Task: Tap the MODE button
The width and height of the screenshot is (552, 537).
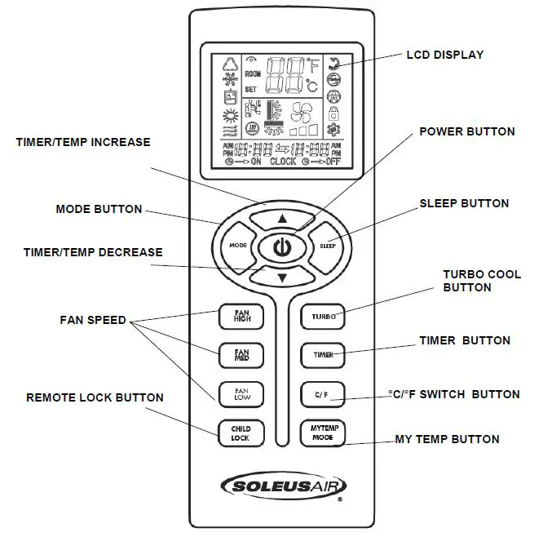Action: point(237,245)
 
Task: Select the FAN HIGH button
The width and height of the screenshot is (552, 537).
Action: point(241,316)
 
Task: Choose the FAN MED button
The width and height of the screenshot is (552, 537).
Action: point(241,354)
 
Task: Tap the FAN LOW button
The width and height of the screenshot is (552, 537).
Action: point(241,393)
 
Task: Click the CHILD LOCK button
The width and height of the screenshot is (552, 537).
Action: point(241,433)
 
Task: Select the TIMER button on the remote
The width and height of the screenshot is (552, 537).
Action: point(322,355)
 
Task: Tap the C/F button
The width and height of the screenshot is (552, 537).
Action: point(321,394)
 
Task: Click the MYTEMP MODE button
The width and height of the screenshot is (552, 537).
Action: point(322,432)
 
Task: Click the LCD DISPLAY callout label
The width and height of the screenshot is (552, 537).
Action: point(445,55)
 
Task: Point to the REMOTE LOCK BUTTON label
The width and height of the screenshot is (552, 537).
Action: point(95,397)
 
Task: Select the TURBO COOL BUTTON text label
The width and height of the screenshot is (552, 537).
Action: point(481,281)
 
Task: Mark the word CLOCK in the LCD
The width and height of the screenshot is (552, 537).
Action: point(283,162)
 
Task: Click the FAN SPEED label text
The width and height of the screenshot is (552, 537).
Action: point(93,320)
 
